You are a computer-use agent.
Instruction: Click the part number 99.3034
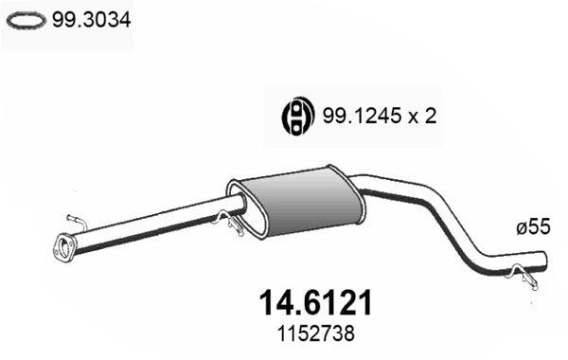coord(91,20)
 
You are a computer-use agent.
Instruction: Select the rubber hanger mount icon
coord(298,116)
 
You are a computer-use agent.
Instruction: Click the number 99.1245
coord(362,116)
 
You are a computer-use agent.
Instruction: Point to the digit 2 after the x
coord(430,116)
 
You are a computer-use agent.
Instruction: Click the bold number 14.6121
coord(316,303)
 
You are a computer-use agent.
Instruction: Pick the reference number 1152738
coord(316,333)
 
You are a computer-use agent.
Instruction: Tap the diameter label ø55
coord(533,227)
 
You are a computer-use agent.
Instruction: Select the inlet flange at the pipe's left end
coord(64,247)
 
